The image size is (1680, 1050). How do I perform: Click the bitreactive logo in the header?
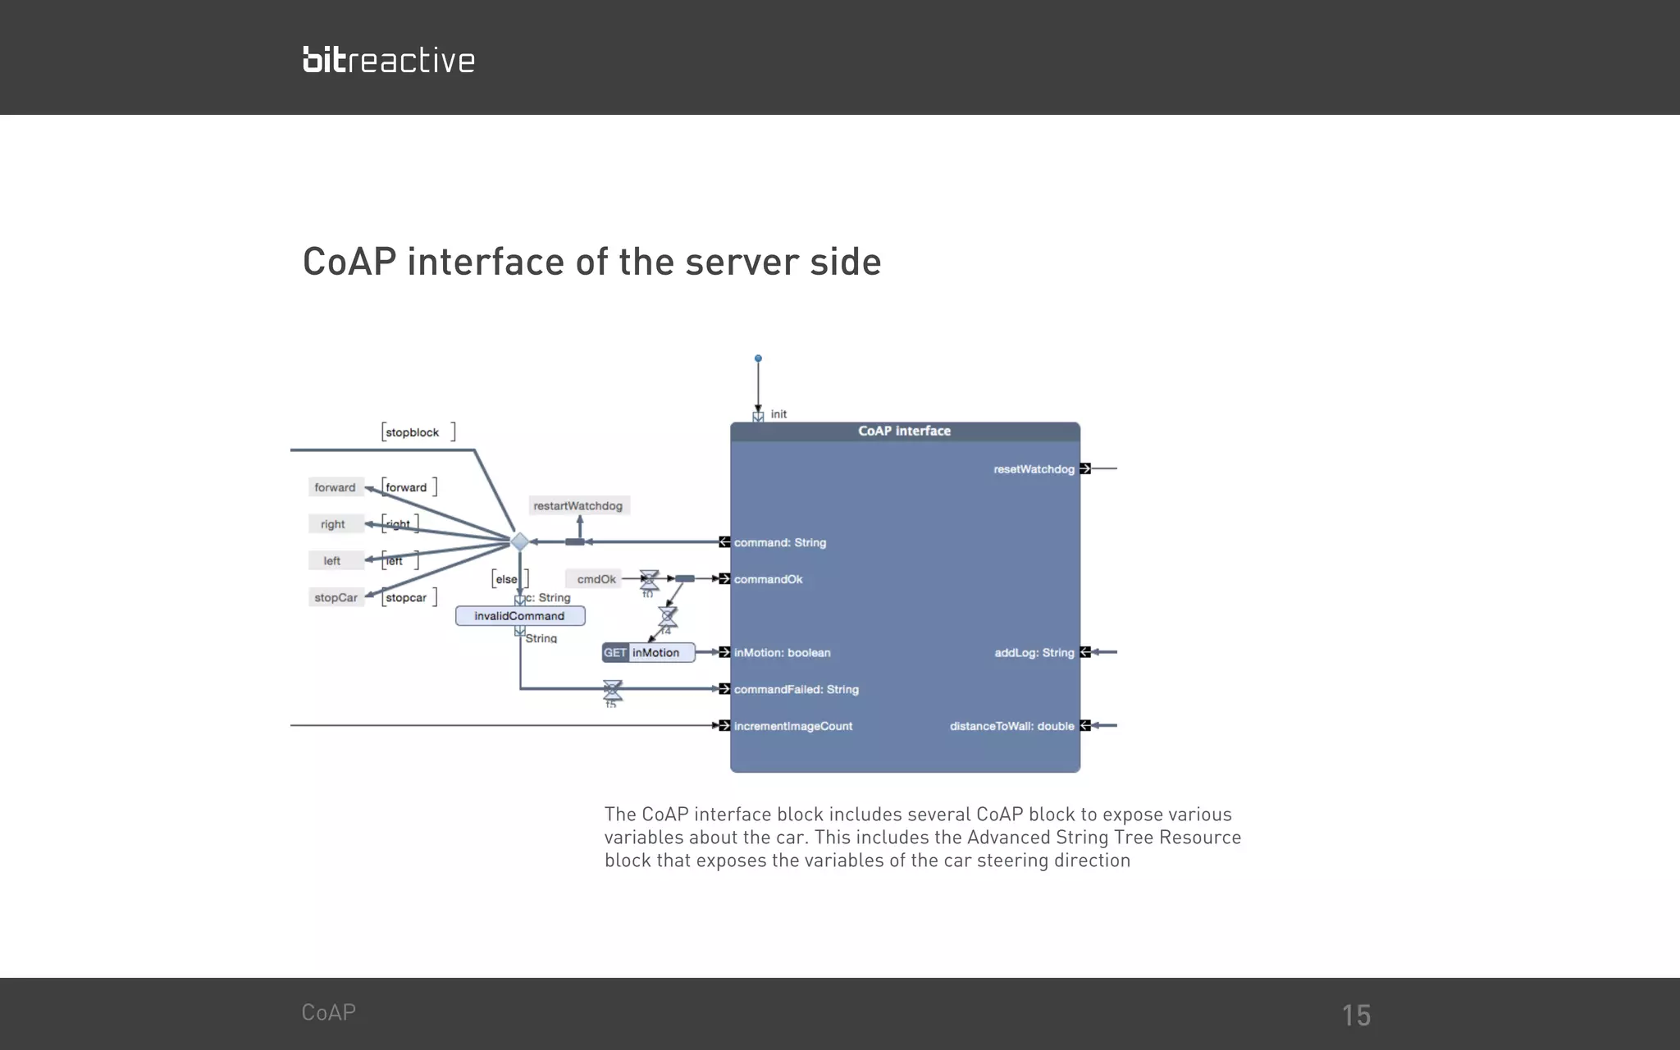(x=389, y=60)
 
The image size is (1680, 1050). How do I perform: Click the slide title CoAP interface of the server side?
(x=591, y=262)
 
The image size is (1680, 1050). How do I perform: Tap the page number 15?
(x=1356, y=1016)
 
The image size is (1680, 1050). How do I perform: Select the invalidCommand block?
(x=520, y=616)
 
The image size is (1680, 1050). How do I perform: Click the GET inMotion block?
(x=648, y=653)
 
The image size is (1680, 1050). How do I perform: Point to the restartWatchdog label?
(x=578, y=506)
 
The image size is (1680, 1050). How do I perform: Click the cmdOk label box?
(x=596, y=579)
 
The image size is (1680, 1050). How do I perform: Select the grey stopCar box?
(x=336, y=597)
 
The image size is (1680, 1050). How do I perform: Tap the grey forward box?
(x=335, y=487)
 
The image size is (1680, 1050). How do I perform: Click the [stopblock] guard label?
(x=418, y=432)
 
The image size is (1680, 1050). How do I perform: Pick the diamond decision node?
(x=519, y=541)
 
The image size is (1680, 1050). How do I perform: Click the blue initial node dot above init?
(x=758, y=358)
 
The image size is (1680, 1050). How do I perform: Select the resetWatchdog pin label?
(x=1034, y=469)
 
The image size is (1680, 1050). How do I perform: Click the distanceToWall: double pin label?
(x=1011, y=726)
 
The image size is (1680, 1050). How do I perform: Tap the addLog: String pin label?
(x=1034, y=653)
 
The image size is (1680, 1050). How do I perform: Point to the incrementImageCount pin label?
(x=792, y=726)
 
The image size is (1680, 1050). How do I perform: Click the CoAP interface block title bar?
(x=905, y=431)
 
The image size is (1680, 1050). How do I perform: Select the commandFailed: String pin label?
(x=796, y=690)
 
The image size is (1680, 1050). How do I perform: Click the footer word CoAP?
(x=328, y=1012)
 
